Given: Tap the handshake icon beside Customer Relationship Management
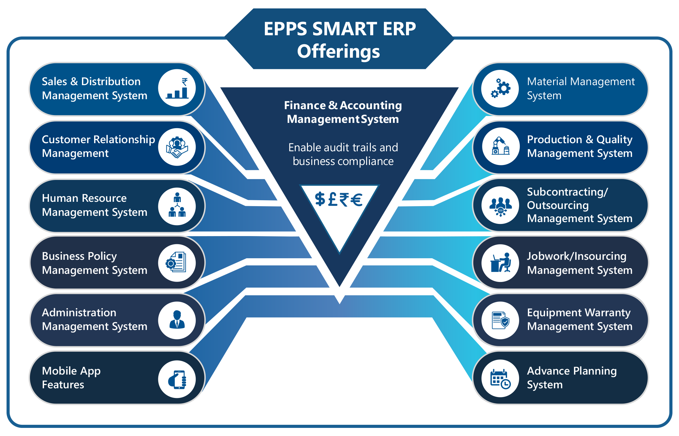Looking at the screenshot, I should click(x=177, y=147).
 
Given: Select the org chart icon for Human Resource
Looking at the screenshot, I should click(x=177, y=206).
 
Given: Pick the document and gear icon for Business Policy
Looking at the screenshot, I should click(x=177, y=263).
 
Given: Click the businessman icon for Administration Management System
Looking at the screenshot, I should click(x=177, y=320).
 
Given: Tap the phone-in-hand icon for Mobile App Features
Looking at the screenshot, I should click(x=177, y=379).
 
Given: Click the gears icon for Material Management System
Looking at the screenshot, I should click(x=500, y=89).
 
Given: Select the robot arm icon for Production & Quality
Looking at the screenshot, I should click(x=500, y=147).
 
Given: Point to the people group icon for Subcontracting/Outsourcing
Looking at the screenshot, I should click(x=500, y=205).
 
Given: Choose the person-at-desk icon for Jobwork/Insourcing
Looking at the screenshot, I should click(x=500, y=263).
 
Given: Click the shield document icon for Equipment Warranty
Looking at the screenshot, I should click(x=500, y=320).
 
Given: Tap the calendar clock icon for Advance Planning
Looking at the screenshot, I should click(x=500, y=379).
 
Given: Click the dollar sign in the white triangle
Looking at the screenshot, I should click(x=320, y=199).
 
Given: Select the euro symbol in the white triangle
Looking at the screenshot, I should click(x=356, y=200).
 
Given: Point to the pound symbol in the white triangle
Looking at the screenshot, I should click(x=332, y=199).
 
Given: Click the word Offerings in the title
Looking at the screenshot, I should click(x=338, y=51).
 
